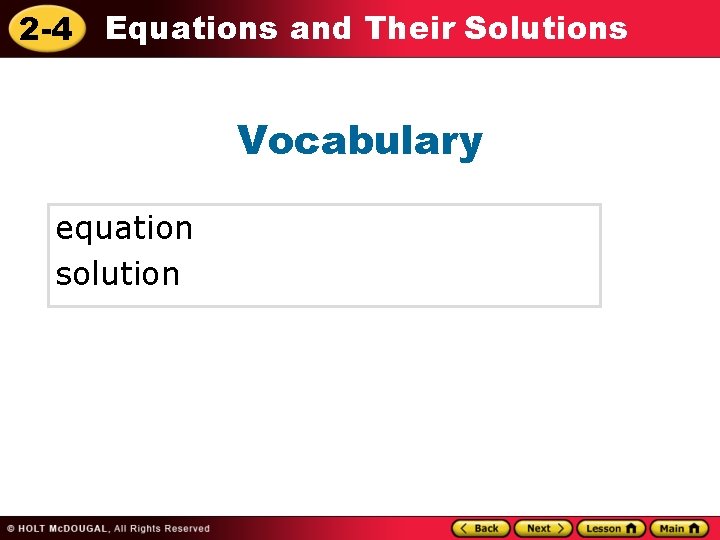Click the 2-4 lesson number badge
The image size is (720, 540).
click(x=46, y=29)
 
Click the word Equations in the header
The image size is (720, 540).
click(x=191, y=28)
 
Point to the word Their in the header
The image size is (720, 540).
click(x=411, y=28)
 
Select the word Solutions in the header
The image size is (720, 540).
click(x=546, y=28)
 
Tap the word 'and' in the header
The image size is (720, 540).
click(x=320, y=28)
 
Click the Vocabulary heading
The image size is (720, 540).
click(x=360, y=141)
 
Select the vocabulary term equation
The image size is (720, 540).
click(x=124, y=229)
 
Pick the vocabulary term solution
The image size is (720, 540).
click(x=117, y=274)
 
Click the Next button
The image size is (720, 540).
click(x=543, y=528)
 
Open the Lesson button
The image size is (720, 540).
click(x=611, y=528)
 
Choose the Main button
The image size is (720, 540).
click(x=679, y=528)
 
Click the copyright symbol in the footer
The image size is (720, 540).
click(x=9, y=529)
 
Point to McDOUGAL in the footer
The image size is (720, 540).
click(x=81, y=529)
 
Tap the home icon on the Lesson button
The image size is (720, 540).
click(x=631, y=528)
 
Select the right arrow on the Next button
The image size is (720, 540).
click(x=562, y=528)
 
